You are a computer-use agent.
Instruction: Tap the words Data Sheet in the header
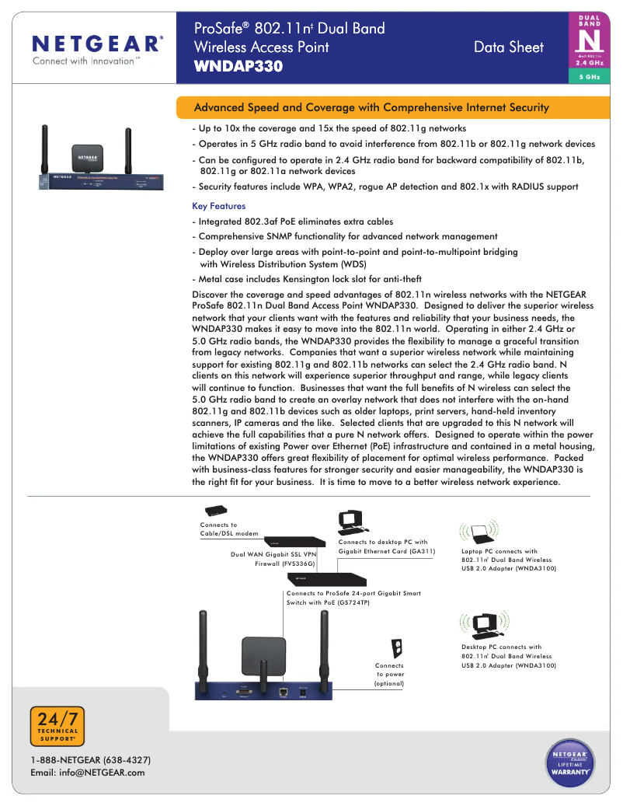click(509, 47)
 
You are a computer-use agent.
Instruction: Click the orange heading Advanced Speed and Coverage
click(371, 107)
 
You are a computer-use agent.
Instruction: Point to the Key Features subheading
click(218, 207)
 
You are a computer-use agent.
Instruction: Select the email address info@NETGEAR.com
click(87, 773)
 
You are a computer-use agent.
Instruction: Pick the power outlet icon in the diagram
click(396, 647)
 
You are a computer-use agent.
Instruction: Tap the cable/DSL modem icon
click(215, 511)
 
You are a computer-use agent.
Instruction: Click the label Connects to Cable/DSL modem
click(229, 529)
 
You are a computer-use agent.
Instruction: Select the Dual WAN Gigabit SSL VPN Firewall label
click(273, 559)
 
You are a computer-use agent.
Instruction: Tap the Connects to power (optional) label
click(389, 675)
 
